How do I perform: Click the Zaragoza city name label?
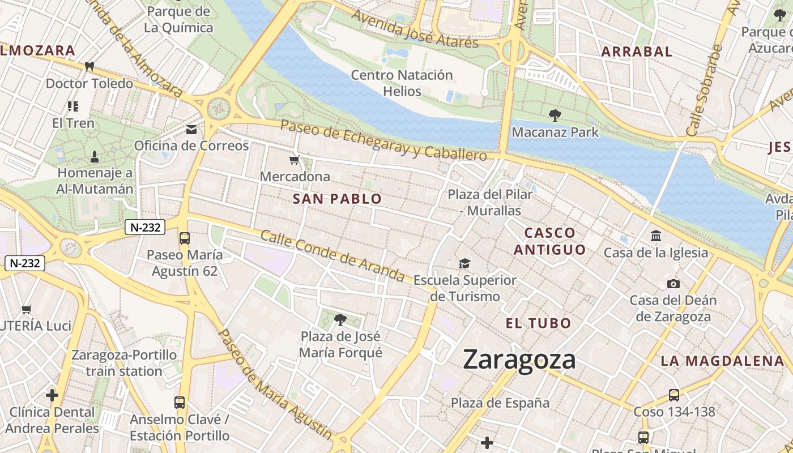coord(519,360)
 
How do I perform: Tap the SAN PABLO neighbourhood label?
coord(337,199)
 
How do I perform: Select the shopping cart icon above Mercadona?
coord(295,160)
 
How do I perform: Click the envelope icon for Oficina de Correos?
coord(191,130)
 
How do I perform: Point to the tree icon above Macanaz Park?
coord(555,116)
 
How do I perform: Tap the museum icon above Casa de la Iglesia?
coord(656,236)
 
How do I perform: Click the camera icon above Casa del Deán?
coord(673,284)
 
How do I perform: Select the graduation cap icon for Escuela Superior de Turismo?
coord(464,263)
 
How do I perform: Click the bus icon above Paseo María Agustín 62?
coord(185,238)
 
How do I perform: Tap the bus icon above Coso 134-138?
coord(674,395)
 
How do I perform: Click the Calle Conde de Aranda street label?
coord(332,256)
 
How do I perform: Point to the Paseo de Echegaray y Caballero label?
coord(383,139)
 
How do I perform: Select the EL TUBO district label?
coord(538,323)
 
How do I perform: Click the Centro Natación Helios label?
coord(402,83)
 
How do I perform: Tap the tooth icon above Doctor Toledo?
coord(89,66)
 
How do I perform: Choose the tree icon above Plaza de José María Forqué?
coord(340,320)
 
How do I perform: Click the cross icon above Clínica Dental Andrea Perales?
coord(52,395)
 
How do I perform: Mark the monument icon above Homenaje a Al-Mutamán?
coord(95,156)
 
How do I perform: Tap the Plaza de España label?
coord(500,403)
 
